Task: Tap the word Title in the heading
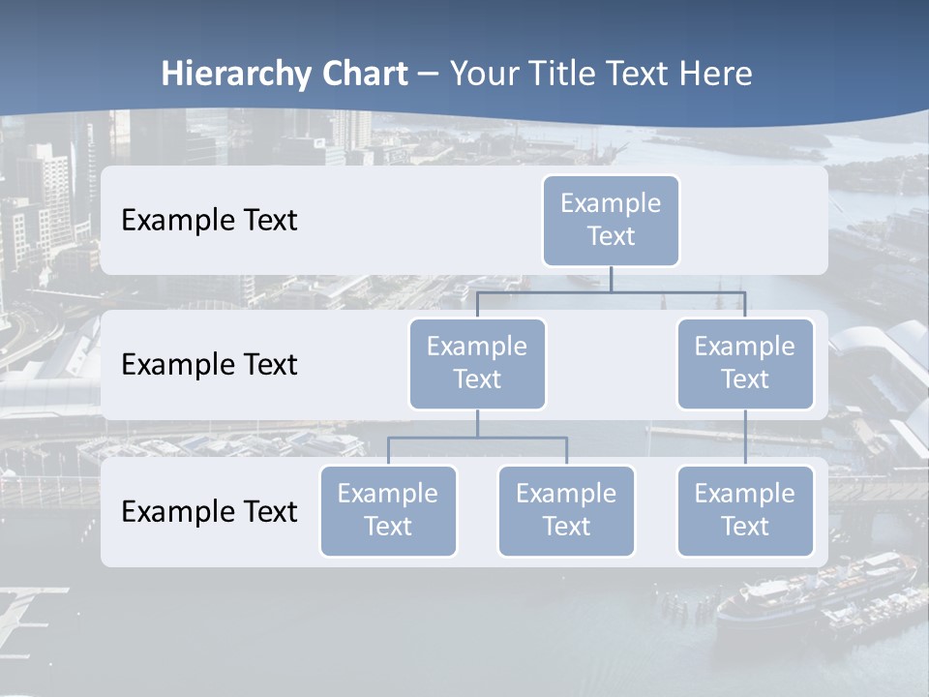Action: [x=563, y=75]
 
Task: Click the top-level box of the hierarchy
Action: [x=611, y=220]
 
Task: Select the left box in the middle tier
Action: [x=477, y=363]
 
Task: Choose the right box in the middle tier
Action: [x=745, y=363]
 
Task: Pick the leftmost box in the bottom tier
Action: [x=388, y=510]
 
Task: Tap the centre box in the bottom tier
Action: [x=566, y=510]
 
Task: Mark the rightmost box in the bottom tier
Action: [x=745, y=510]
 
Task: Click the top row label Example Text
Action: [x=209, y=220]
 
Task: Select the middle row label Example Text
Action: [x=209, y=364]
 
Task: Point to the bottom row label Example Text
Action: [x=209, y=511]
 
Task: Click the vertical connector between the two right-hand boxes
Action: [x=745, y=438]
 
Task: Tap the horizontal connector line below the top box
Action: [x=611, y=291]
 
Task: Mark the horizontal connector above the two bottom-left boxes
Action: [x=477, y=438]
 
